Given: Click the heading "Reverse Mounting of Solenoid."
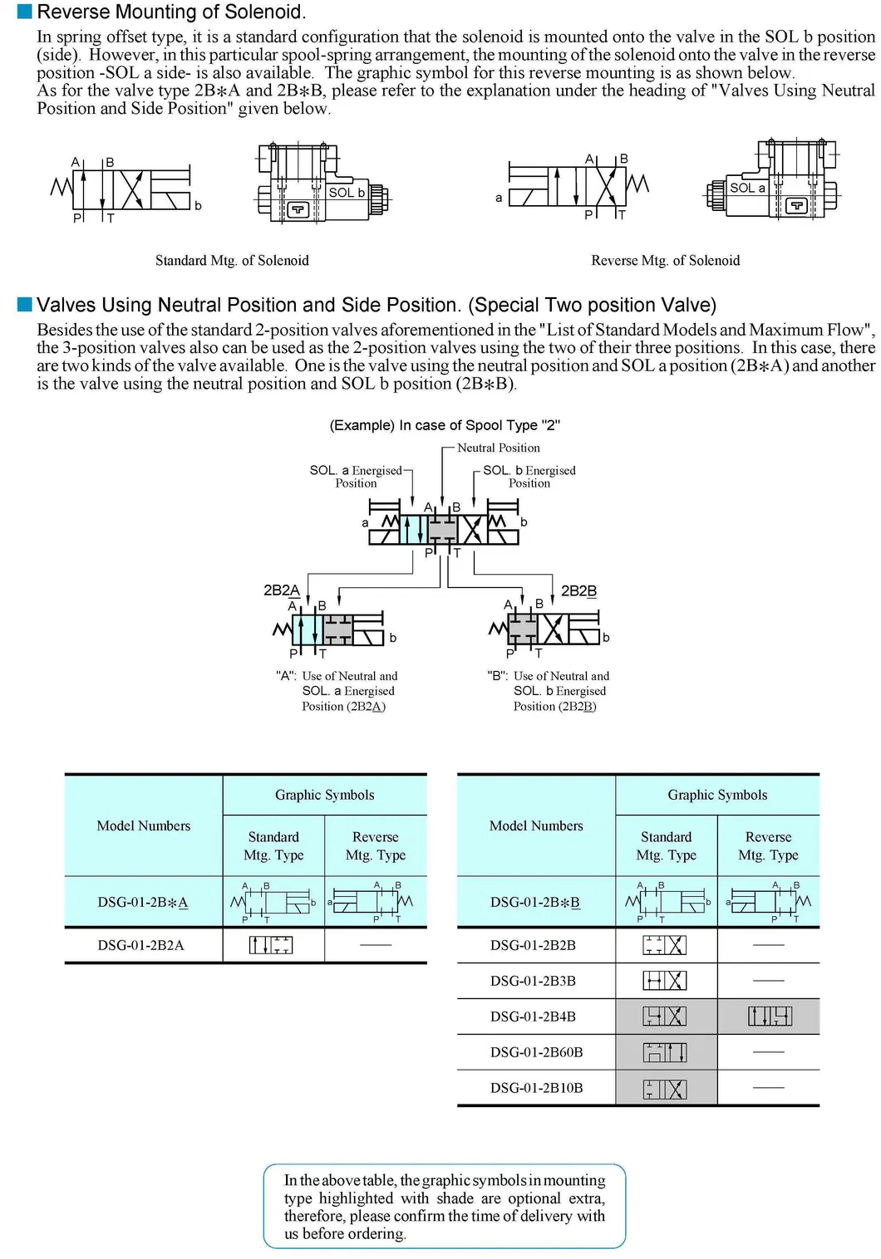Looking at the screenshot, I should pyautogui.click(x=171, y=12).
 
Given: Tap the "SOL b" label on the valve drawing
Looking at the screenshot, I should pyautogui.click(x=347, y=193).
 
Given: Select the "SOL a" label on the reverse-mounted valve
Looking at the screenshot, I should pyautogui.click(x=747, y=189).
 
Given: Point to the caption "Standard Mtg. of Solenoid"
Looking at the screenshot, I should pyautogui.click(x=232, y=261).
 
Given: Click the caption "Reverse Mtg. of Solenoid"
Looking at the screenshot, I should pyautogui.click(x=665, y=261).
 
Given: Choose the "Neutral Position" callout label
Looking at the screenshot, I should pyautogui.click(x=498, y=448).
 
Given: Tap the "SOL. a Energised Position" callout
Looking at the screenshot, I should pyautogui.click(x=356, y=477).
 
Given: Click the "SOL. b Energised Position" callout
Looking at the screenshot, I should pyautogui.click(x=529, y=477).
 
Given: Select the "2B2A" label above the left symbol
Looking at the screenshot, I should pyautogui.click(x=281, y=590).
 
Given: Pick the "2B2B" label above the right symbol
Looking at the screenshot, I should pyautogui.click(x=578, y=591).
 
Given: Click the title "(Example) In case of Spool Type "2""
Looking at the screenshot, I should pyautogui.click(x=445, y=425).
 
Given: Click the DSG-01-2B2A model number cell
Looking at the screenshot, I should pyautogui.click(x=141, y=945).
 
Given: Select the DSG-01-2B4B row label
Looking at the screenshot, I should pyautogui.click(x=533, y=1017).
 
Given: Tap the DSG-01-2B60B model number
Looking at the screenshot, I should pyautogui.click(x=536, y=1052).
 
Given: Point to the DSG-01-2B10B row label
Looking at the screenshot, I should pyautogui.click(x=536, y=1088).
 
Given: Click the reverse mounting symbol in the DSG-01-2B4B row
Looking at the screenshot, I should pyautogui.click(x=770, y=1017).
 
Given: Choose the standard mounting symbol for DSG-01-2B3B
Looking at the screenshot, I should pyautogui.click(x=665, y=981).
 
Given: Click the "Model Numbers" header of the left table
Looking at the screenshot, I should pyautogui.click(x=144, y=825).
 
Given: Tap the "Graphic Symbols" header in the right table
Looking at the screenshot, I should pyautogui.click(x=717, y=795).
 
